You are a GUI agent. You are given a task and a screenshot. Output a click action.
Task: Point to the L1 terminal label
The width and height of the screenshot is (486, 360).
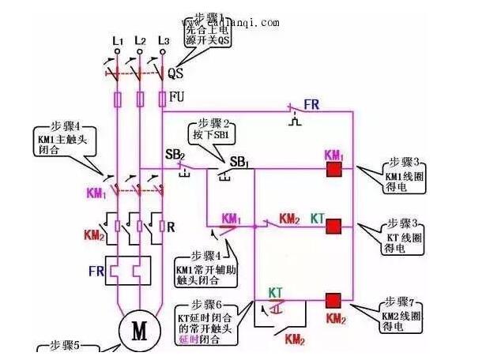[x=118, y=39]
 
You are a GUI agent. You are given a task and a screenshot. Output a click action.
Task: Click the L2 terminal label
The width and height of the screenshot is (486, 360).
[x=140, y=39]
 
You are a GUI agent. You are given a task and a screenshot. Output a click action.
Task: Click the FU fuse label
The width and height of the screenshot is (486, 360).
[x=178, y=98]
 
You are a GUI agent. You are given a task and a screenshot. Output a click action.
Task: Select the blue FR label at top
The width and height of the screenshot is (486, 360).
[x=312, y=103]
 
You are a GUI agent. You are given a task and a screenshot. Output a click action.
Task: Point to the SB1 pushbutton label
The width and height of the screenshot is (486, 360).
[x=239, y=162]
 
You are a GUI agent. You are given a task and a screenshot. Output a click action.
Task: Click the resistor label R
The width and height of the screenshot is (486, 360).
[x=171, y=227]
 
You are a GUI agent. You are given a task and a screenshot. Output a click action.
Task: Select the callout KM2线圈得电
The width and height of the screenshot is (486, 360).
[x=401, y=315]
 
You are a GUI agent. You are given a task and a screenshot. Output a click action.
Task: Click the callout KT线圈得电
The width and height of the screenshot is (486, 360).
[x=401, y=236]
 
